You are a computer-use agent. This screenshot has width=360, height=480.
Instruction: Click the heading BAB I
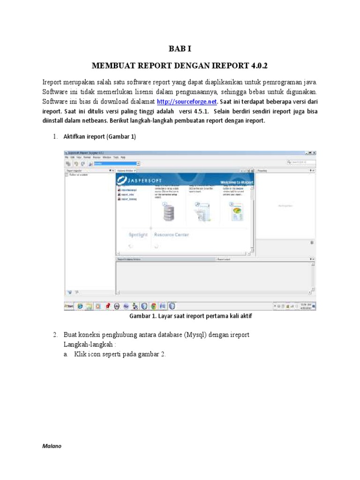tap(180, 49)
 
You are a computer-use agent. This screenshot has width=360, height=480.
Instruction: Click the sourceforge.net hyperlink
tap(187, 102)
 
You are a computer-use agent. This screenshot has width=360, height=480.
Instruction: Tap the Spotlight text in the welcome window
tap(138, 235)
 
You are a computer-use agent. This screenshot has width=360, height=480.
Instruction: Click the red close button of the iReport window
tap(314, 153)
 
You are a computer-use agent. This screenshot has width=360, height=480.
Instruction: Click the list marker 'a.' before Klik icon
tap(67, 354)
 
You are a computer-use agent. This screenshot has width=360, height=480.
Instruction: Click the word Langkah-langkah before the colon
tap(86, 344)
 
